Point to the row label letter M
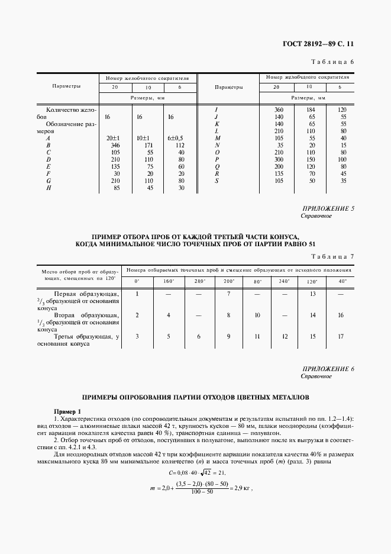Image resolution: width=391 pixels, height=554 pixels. tap(217, 137)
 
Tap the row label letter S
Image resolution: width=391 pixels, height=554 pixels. tap(217, 182)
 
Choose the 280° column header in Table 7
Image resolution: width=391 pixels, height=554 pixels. tap(200, 281)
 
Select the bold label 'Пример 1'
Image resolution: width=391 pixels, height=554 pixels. tap(67, 411)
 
